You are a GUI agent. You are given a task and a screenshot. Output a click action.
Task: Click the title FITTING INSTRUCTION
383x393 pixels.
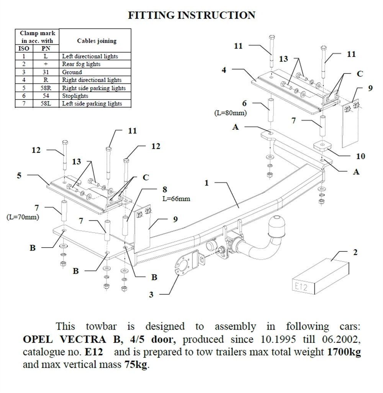[191, 15]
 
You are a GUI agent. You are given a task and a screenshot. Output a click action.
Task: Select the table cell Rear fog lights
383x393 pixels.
[81, 64]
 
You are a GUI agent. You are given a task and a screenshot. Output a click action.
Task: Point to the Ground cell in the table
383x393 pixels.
[72, 72]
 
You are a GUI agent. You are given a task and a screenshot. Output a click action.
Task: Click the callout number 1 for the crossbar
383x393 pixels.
[206, 183]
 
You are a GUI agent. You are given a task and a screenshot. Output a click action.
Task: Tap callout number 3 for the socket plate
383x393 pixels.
[152, 294]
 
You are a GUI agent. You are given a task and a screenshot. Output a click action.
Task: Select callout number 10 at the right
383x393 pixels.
[360, 156]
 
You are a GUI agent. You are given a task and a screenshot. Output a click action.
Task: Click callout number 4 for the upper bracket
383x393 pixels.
[224, 70]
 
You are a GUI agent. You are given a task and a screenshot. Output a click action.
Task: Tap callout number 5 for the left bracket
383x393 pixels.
[20, 176]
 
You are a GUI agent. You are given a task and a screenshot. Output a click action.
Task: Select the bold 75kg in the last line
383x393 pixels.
[136, 365]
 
